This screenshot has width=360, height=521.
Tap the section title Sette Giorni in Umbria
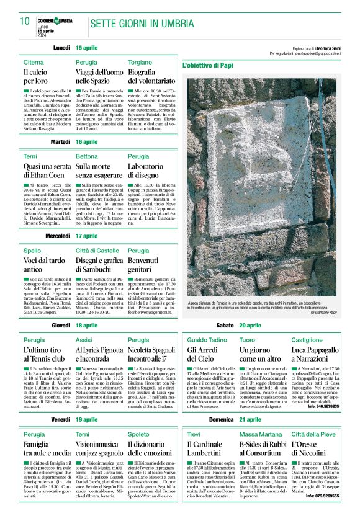137,24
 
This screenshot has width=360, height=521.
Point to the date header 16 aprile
87,142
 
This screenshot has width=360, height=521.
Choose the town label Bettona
87,156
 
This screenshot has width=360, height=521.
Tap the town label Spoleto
138,434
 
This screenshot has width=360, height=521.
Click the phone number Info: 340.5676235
323,407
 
